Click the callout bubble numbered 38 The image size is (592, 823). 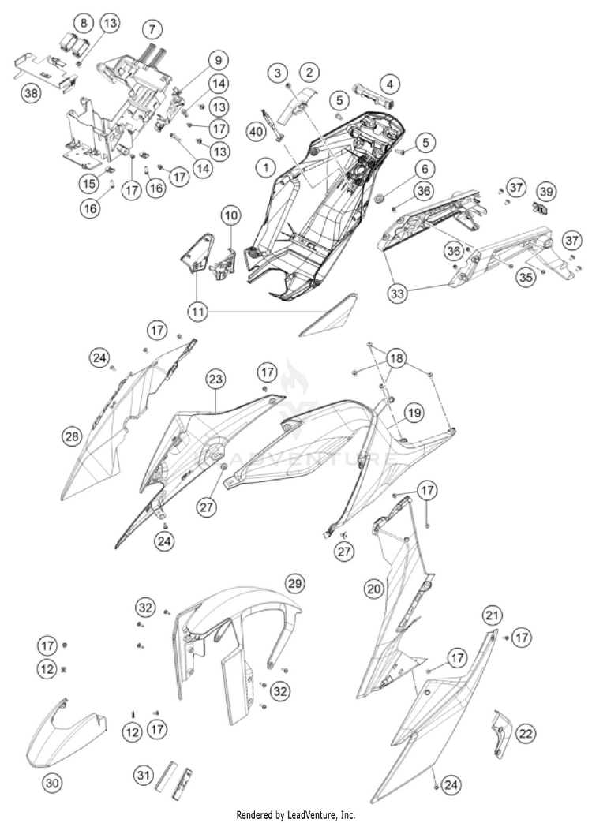[31, 94]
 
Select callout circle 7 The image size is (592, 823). [152, 29]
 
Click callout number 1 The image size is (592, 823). [266, 167]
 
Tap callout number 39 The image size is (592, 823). [546, 192]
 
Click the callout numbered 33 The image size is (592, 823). [397, 293]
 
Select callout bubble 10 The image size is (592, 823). [231, 215]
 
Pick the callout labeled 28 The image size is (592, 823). [73, 436]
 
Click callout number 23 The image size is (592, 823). [216, 379]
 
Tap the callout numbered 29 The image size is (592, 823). [295, 582]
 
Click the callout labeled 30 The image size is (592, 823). [51, 783]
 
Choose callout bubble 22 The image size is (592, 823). [526, 734]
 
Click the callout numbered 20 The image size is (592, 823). [373, 589]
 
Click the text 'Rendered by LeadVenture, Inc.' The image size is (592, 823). [296, 816]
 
